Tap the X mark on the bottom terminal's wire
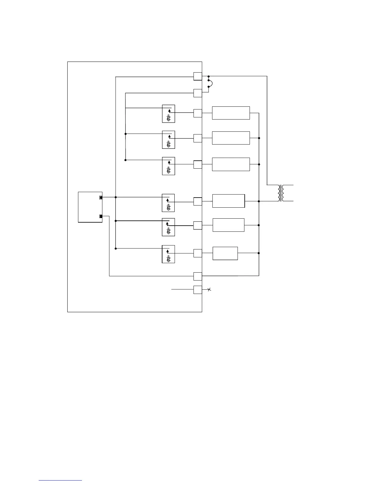point(209,289)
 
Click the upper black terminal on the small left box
point(101,198)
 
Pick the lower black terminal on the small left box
point(101,216)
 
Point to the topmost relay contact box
point(169,114)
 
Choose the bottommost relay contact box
point(168,254)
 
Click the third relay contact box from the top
point(169,166)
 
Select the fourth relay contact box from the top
point(168,203)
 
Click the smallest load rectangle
point(225,253)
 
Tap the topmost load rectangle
point(231,113)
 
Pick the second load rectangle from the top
point(231,138)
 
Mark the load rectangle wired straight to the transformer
point(229,201)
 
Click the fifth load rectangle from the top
point(229,225)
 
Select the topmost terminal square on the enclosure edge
point(198,76)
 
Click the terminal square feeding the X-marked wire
point(198,290)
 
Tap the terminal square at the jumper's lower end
point(198,93)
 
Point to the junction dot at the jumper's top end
point(208,76)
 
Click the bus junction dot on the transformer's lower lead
point(259,201)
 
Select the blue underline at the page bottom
point(60,480)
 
